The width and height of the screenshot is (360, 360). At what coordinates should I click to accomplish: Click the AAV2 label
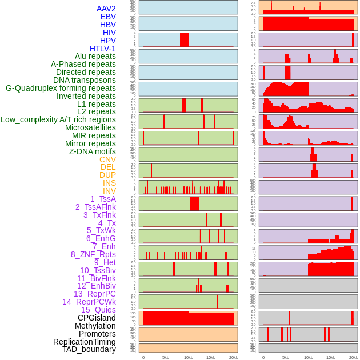click(x=106, y=9)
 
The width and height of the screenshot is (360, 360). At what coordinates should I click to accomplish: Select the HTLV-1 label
click(x=102, y=49)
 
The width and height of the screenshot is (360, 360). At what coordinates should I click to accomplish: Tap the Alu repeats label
click(x=95, y=56)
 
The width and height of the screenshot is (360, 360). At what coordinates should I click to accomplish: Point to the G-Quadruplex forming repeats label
click(x=61, y=88)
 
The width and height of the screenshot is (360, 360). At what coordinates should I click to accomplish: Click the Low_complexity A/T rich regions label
click(x=58, y=119)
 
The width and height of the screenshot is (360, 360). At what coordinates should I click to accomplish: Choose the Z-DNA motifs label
click(x=92, y=151)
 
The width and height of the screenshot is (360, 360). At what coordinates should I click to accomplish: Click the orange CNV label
click(x=107, y=159)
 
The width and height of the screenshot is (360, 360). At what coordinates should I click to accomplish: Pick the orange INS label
click(x=109, y=183)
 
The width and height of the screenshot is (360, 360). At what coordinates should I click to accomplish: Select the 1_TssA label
click(x=103, y=199)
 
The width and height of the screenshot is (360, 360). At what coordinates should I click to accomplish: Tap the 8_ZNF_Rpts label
click(x=93, y=254)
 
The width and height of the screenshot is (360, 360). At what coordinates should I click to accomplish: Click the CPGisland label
click(x=97, y=318)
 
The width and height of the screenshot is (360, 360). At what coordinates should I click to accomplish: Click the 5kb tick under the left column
click(x=166, y=357)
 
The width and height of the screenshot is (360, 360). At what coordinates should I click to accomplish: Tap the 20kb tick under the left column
click(x=233, y=357)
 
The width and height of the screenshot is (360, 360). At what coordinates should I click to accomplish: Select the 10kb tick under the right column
click(x=309, y=357)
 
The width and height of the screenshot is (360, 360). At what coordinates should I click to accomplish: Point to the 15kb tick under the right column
click(x=331, y=357)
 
